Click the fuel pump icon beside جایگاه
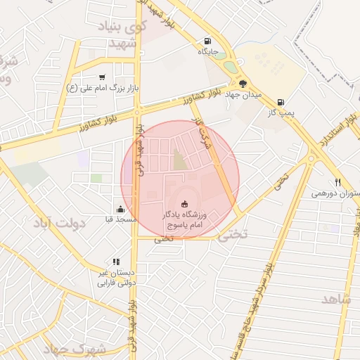(207, 41)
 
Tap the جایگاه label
(207, 51)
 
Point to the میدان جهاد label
(247, 94)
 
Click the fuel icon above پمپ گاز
(281, 102)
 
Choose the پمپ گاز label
(281, 112)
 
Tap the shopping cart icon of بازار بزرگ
(103, 77)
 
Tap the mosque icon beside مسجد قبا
(120, 209)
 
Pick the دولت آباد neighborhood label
(58, 223)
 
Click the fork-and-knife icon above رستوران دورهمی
(338, 183)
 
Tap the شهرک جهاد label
(74, 349)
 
